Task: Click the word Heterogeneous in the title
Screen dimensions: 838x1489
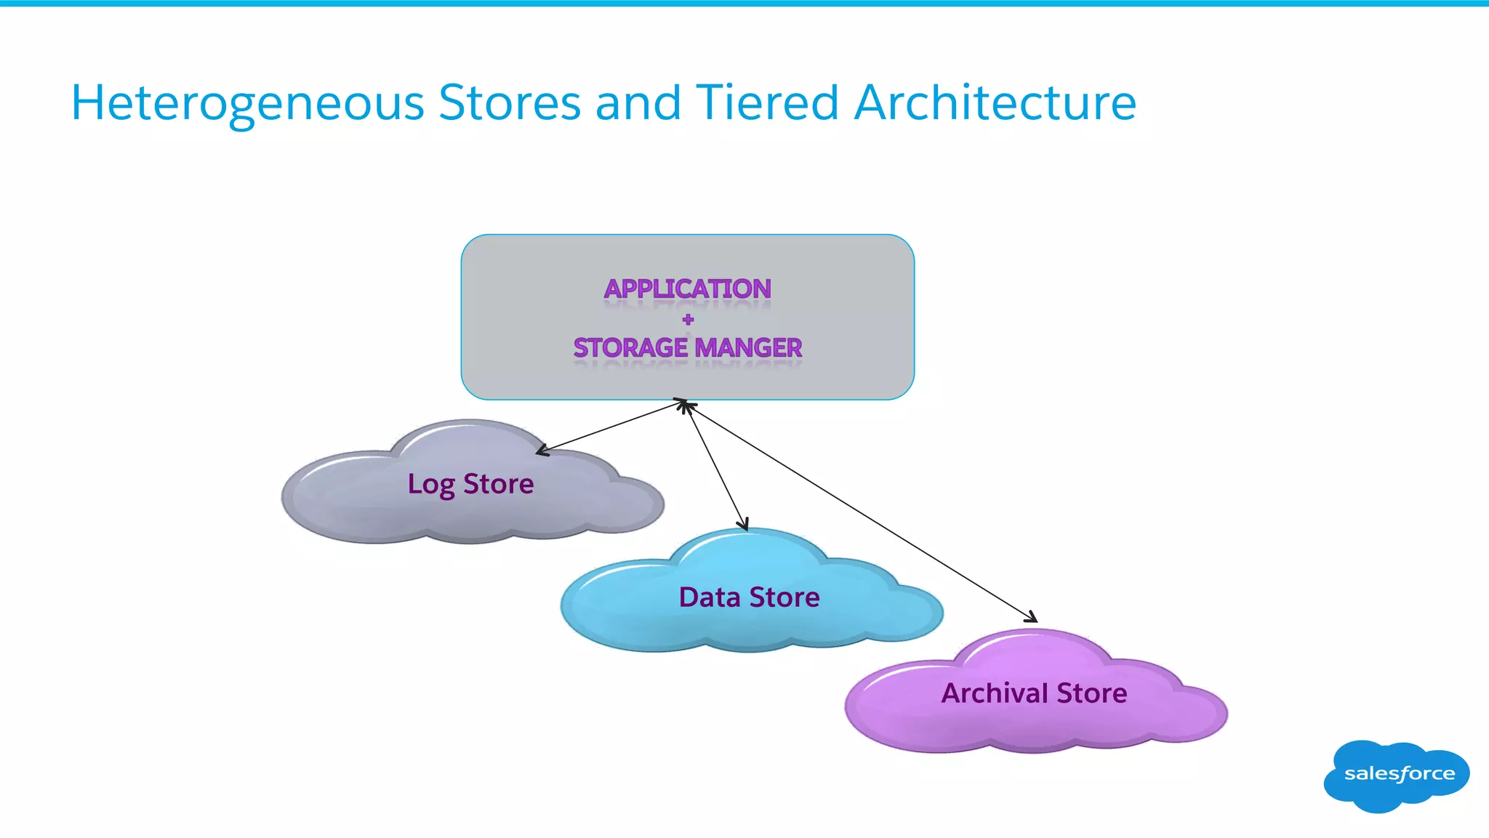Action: point(247,103)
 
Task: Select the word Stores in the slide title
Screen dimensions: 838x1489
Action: point(510,102)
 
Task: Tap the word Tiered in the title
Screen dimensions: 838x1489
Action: point(768,102)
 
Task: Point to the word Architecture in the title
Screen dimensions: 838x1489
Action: point(995,102)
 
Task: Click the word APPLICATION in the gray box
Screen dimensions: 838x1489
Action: point(687,289)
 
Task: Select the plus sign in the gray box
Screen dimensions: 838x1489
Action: point(688,319)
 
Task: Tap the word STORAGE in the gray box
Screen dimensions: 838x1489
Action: point(630,348)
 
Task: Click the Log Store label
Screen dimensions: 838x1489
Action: point(470,484)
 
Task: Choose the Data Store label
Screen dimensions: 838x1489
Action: point(749,597)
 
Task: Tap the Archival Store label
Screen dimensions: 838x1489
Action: point(1034,693)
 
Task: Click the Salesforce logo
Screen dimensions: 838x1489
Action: point(1397,775)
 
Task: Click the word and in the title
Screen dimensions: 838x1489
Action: point(638,102)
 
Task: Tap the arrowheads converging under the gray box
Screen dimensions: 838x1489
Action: point(684,404)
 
